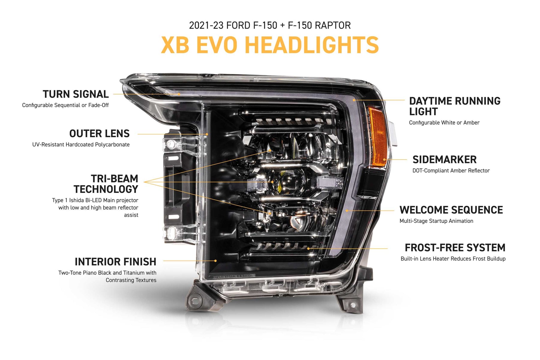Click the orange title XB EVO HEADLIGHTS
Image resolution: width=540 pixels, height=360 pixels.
click(x=270, y=45)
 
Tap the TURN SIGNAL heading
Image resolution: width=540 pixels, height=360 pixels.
click(x=76, y=94)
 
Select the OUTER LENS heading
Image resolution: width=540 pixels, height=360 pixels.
click(x=99, y=133)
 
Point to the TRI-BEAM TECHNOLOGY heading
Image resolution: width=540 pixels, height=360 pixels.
click(x=106, y=184)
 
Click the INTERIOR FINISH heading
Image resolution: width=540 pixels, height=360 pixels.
click(x=115, y=262)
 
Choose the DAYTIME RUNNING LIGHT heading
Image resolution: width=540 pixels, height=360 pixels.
click(x=455, y=106)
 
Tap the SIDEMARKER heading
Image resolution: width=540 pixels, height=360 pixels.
click(x=444, y=160)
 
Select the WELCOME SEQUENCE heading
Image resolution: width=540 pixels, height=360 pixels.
click(x=451, y=210)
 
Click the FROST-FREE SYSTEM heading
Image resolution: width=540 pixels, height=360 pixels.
click(x=455, y=248)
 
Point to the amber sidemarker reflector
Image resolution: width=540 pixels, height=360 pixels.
click(x=377, y=136)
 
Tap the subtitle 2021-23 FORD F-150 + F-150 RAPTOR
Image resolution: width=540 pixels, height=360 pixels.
click(x=270, y=25)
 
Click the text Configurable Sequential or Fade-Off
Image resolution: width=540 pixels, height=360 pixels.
click(x=65, y=105)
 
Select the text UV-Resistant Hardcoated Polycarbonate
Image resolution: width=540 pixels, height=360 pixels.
click(x=81, y=145)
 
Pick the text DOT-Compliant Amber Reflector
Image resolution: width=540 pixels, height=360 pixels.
click(x=451, y=171)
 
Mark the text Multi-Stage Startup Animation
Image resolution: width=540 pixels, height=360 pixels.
click(x=436, y=221)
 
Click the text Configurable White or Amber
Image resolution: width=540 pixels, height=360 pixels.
click(x=444, y=123)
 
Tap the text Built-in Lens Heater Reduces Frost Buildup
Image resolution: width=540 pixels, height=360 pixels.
click(x=453, y=259)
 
